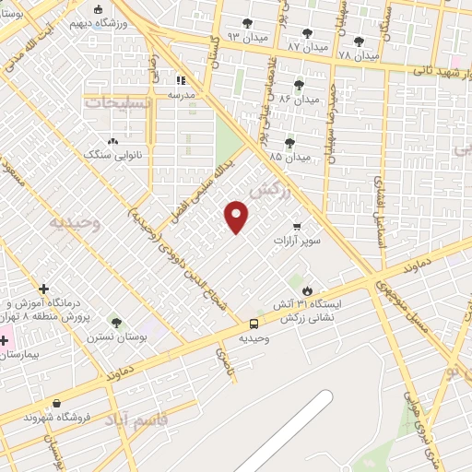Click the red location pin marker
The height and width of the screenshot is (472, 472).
point(237,217)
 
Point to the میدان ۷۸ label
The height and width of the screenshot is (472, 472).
point(359,54)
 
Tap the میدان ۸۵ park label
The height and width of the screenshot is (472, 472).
point(289,158)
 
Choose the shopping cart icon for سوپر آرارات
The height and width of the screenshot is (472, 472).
point(296,226)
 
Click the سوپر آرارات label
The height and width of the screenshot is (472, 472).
point(296,241)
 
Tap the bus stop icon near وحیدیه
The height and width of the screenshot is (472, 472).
point(254,323)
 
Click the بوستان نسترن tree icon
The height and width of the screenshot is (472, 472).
point(115,322)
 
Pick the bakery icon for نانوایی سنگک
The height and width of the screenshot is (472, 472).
point(112,141)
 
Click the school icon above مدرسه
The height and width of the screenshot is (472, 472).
point(181,80)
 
